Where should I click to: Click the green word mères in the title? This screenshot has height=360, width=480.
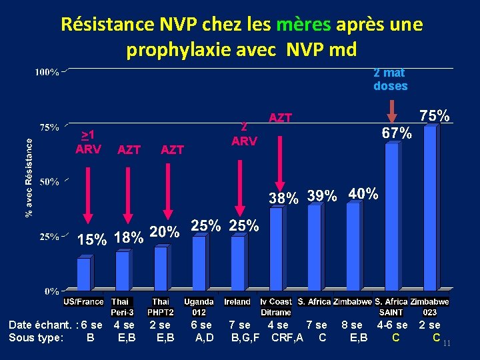click(304, 25)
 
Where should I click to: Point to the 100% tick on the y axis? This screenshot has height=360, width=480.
click(47, 71)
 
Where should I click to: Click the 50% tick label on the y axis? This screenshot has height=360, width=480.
click(49, 181)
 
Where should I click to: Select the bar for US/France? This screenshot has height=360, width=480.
click(84, 274)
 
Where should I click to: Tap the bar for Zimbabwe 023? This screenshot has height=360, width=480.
click(430, 208)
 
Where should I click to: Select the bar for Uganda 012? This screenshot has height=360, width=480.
click(199, 263)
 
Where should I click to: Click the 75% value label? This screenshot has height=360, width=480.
click(433, 115)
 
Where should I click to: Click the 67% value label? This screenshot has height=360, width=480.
click(396, 133)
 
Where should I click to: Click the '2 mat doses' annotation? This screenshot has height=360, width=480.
click(390, 79)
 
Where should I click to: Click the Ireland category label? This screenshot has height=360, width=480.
click(237, 302)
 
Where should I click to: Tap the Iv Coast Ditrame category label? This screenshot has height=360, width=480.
click(275, 307)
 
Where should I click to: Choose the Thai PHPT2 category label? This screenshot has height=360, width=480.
click(161, 307)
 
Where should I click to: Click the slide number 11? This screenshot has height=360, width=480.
click(447, 343)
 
